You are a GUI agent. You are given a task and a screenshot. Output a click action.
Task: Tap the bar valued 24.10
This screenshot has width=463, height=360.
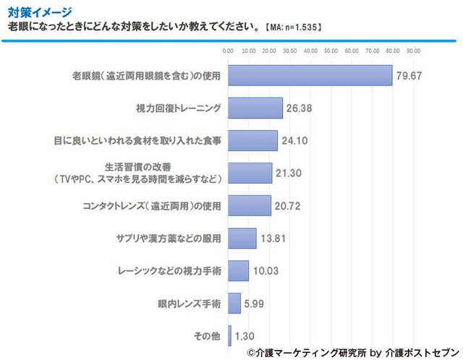point(252,140)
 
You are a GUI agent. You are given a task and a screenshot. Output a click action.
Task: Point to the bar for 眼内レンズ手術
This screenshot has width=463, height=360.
point(234,304)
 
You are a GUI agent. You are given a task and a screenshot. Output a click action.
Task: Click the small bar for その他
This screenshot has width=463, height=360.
point(230,336)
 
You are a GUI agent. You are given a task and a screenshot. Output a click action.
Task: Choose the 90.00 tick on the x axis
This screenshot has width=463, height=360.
point(414,51)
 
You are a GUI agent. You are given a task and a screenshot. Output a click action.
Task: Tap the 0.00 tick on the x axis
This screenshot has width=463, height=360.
point(229,51)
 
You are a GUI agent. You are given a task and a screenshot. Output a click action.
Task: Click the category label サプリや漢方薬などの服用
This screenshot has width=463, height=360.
point(168,239)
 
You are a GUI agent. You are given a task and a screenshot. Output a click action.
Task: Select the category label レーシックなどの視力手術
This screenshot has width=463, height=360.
point(169,271)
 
